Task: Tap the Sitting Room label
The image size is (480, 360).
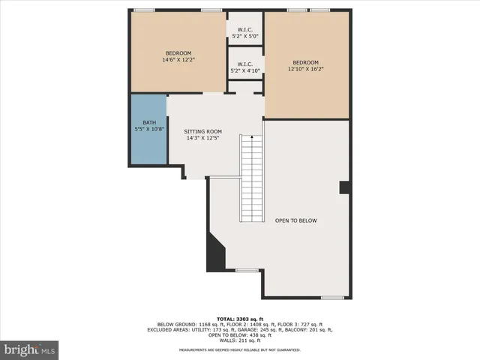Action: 203,131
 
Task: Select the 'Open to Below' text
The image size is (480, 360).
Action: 296,220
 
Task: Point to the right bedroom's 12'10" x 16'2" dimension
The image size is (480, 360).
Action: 306,70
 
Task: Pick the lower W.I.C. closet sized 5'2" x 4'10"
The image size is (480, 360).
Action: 244,67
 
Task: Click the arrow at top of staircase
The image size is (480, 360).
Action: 252,138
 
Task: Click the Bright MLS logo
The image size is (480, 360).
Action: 30,349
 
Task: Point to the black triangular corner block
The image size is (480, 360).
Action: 215,253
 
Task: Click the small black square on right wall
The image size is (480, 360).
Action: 344,187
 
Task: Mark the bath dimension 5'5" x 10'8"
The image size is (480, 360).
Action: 148,130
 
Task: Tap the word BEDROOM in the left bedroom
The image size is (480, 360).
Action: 179,52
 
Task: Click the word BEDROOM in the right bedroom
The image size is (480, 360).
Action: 306,62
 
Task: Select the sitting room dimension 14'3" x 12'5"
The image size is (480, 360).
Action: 203,137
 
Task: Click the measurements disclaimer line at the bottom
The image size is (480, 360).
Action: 240,350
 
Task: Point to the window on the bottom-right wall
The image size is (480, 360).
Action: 332,298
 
